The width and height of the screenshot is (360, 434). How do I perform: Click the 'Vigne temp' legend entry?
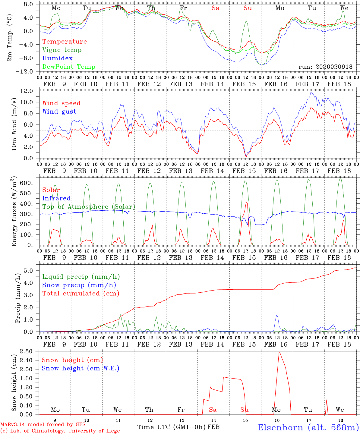click(62, 50)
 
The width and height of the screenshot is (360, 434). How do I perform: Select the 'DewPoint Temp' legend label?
click(69, 67)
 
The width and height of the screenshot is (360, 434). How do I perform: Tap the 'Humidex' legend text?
click(57, 58)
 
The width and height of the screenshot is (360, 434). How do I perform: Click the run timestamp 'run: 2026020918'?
click(325, 67)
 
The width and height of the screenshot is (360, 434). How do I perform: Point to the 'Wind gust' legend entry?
click(59, 112)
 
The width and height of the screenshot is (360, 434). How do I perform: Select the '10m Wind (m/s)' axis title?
click(14, 124)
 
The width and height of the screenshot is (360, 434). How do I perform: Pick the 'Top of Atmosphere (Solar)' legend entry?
click(88, 207)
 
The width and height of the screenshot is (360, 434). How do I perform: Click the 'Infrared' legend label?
click(56, 198)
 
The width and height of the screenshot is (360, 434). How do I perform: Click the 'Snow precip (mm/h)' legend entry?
click(79, 285)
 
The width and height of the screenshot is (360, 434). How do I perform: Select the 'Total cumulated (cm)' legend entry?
click(81, 294)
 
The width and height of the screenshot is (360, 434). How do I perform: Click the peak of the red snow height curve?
click(279, 352)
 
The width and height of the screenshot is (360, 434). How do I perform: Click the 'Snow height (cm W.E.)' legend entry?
click(81, 368)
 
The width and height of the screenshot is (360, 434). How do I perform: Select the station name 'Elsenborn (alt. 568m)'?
click(308, 427)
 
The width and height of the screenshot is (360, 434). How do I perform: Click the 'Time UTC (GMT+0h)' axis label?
click(172, 427)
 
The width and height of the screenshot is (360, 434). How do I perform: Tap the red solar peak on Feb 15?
click(246, 203)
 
